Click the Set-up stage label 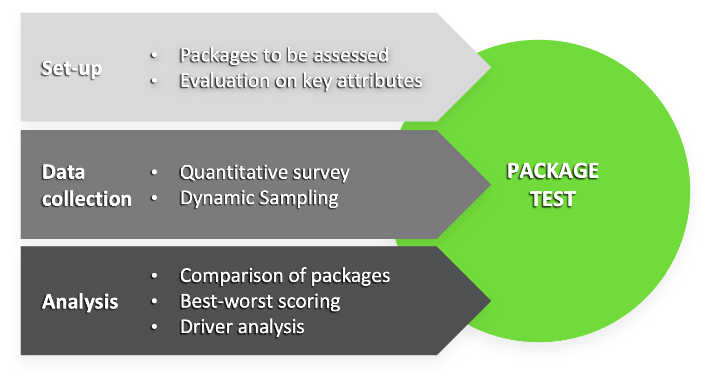point(71,68)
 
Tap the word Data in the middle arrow point(63,172)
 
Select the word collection point(87,199)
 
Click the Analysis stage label point(80,302)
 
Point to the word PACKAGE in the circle point(553,171)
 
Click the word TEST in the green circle point(553,199)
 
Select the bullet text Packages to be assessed point(284,55)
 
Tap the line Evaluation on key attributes point(301,81)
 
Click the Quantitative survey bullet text point(265,173)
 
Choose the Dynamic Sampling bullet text point(259,198)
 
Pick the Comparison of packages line point(285,276)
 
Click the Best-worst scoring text point(260,302)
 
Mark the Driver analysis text point(242,327)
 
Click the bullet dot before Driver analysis point(154,327)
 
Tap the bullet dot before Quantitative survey point(154,173)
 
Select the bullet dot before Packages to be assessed point(154,55)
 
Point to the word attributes point(379,81)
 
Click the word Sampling point(299,198)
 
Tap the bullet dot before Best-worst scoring point(154,302)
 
